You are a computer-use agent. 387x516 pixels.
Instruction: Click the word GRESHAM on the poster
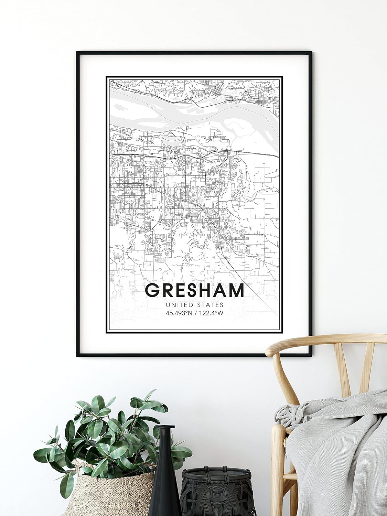(x=195, y=290)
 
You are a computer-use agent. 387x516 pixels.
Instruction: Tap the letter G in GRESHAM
(x=152, y=290)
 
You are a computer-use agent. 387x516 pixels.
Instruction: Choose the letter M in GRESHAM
(x=236, y=290)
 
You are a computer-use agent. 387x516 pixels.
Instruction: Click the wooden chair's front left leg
(x=279, y=482)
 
